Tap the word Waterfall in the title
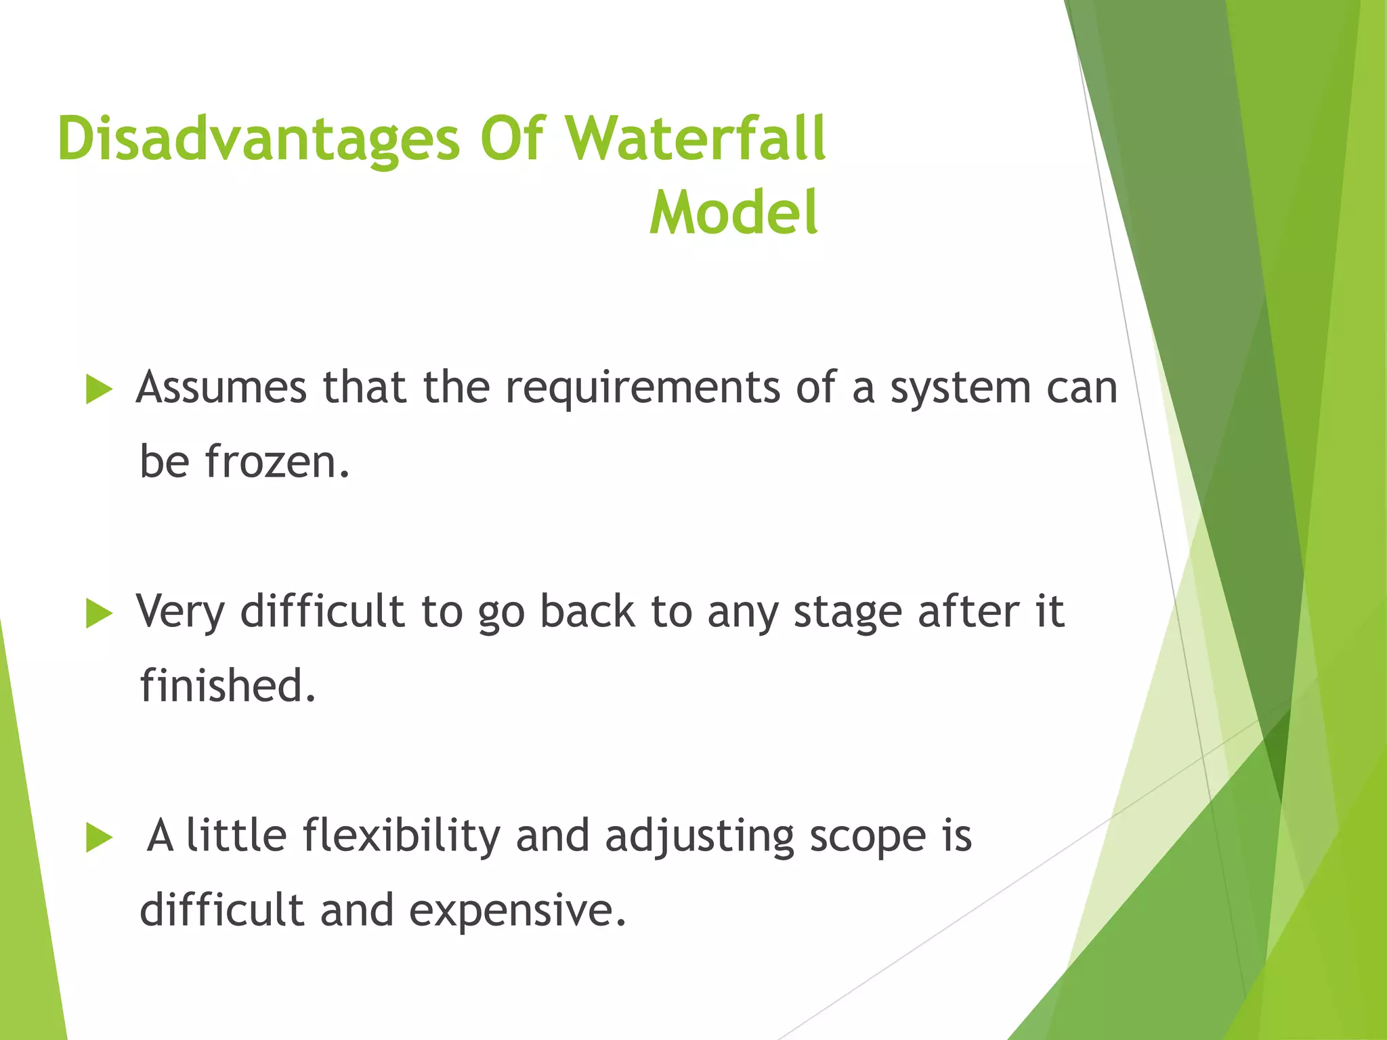pyautogui.click(x=696, y=139)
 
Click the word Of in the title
pyautogui.click(x=512, y=139)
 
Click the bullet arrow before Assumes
pyautogui.click(x=99, y=391)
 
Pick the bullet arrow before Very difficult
pyautogui.click(x=99, y=614)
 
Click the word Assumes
pyautogui.click(x=221, y=388)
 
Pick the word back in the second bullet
pyautogui.click(x=587, y=611)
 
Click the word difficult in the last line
pyautogui.click(x=221, y=909)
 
